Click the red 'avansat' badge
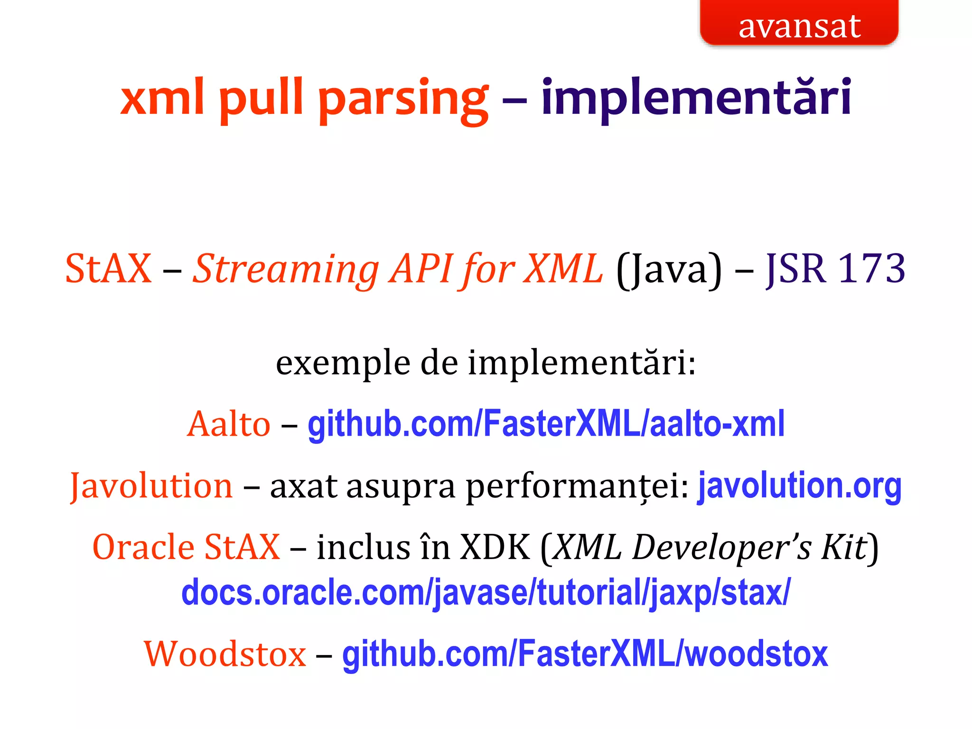click(x=799, y=24)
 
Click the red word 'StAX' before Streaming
click(x=108, y=269)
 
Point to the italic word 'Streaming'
click(x=287, y=269)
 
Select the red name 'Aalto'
click(x=229, y=424)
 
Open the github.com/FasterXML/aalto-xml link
click(x=546, y=424)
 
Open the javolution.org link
click(x=799, y=486)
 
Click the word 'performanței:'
click(x=577, y=487)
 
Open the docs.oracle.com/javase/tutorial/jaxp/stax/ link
click(x=486, y=593)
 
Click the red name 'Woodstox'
click(x=225, y=654)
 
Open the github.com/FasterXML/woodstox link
click(x=585, y=654)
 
